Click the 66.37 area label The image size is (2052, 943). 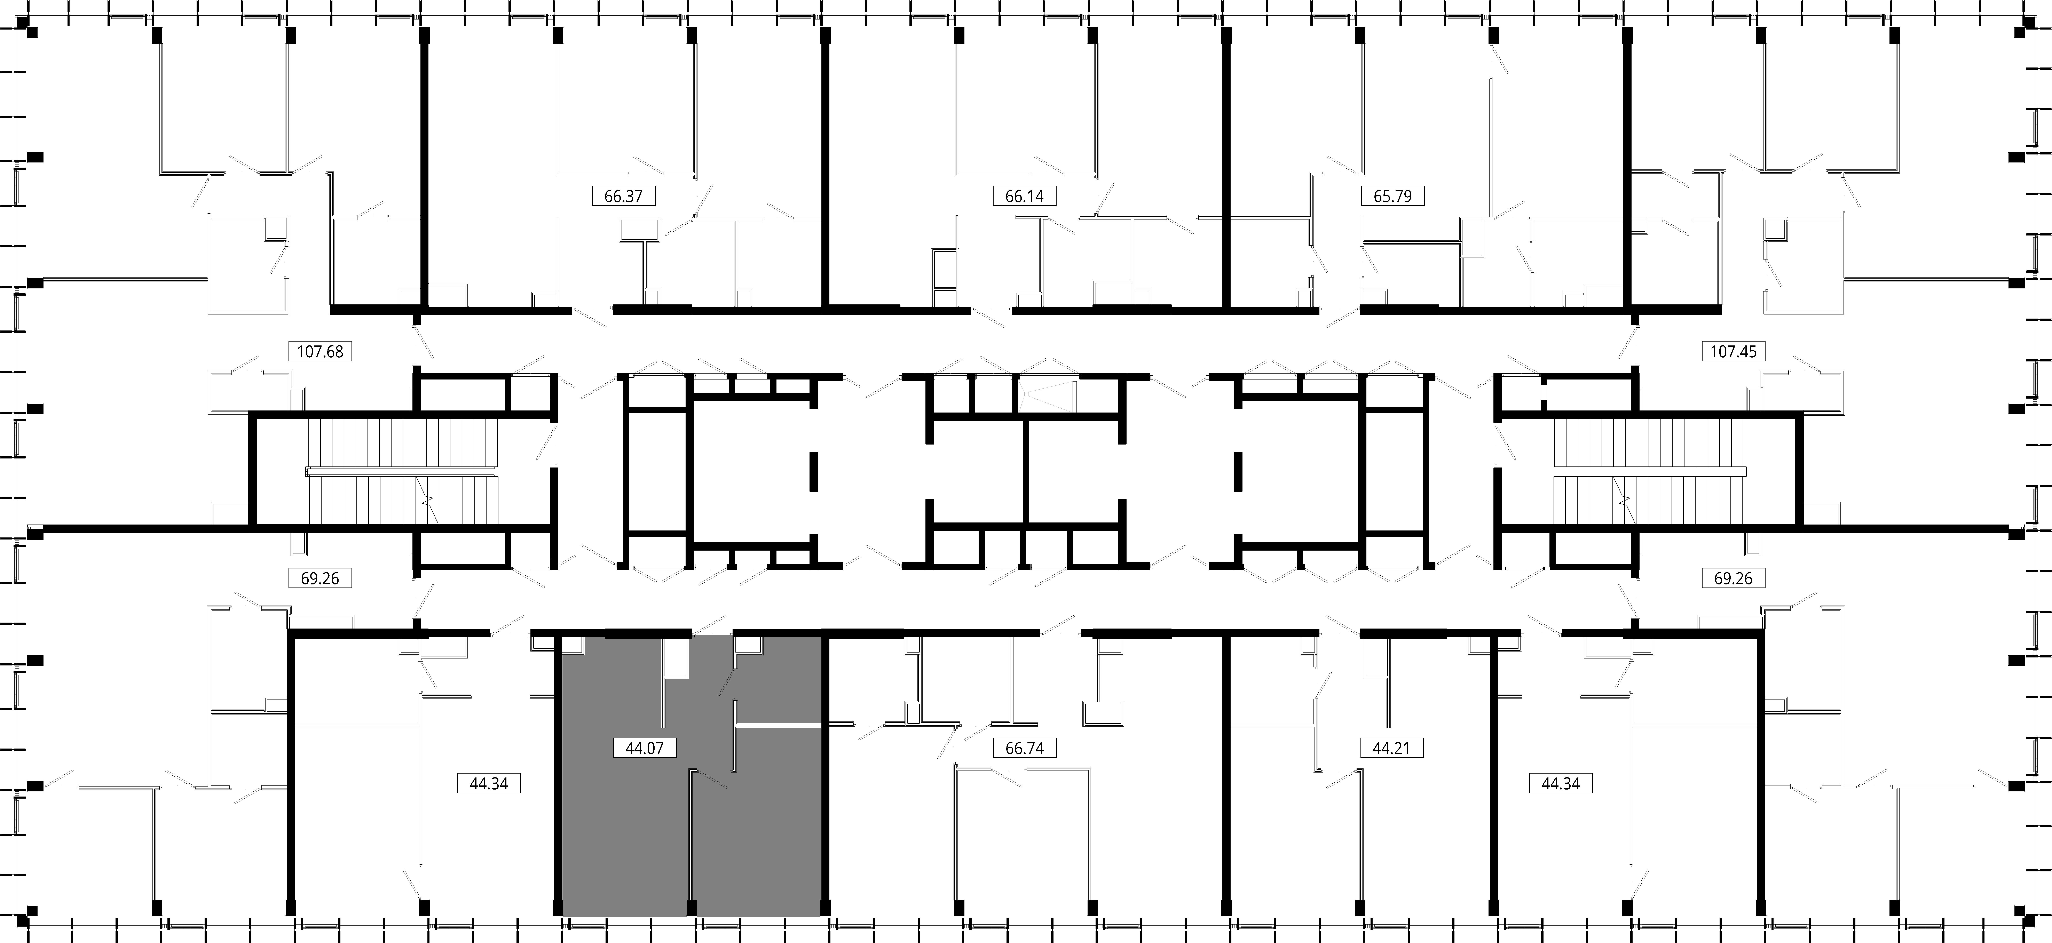pyautogui.click(x=623, y=196)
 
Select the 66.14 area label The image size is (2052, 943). pyautogui.click(x=1024, y=196)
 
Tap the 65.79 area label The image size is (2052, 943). pyautogui.click(x=1392, y=196)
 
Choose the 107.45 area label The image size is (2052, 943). pyautogui.click(x=1733, y=351)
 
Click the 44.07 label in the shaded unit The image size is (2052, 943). pyautogui.click(x=645, y=749)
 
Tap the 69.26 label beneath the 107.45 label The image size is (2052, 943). pyautogui.click(x=1733, y=578)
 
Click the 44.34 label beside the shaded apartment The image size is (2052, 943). pyautogui.click(x=489, y=784)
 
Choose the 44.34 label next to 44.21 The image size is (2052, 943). pyautogui.click(x=1561, y=784)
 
